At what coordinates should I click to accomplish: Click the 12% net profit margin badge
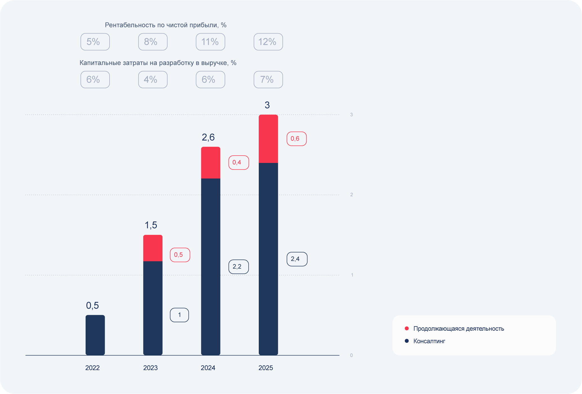pyautogui.click(x=268, y=42)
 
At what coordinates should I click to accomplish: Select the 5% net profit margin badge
pyautogui.click(x=95, y=42)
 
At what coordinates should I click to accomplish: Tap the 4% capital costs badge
pyautogui.click(x=153, y=80)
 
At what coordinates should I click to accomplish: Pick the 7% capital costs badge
pyautogui.click(x=268, y=80)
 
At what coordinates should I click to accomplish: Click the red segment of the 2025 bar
pyautogui.click(x=268, y=139)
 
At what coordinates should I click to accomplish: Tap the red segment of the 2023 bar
pyautogui.click(x=153, y=248)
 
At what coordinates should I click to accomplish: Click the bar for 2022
pyautogui.click(x=95, y=335)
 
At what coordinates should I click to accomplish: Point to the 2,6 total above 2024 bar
pyautogui.click(x=208, y=137)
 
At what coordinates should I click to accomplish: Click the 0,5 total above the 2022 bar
pyautogui.click(x=92, y=305)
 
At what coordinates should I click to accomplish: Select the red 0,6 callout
pyautogui.click(x=296, y=139)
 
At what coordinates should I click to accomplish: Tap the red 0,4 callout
pyautogui.click(x=238, y=162)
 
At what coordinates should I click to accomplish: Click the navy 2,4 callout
pyautogui.click(x=297, y=259)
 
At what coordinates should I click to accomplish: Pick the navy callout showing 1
pyautogui.click(x=179, y=315)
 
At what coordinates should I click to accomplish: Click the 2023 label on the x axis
pyautogui.click(x=150, y=368)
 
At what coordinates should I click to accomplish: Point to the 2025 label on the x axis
pyautogui.click(x=266, y=368)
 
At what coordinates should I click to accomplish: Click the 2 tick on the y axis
pyautogui.click(x=351, y=195)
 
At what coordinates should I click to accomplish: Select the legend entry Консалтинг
pyautogui.click(x=429, y=341)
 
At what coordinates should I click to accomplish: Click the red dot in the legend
pyautogui.click(x=407, y=328)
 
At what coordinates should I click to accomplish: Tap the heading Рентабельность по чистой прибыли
pyautogui.click(x=166, y=25)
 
